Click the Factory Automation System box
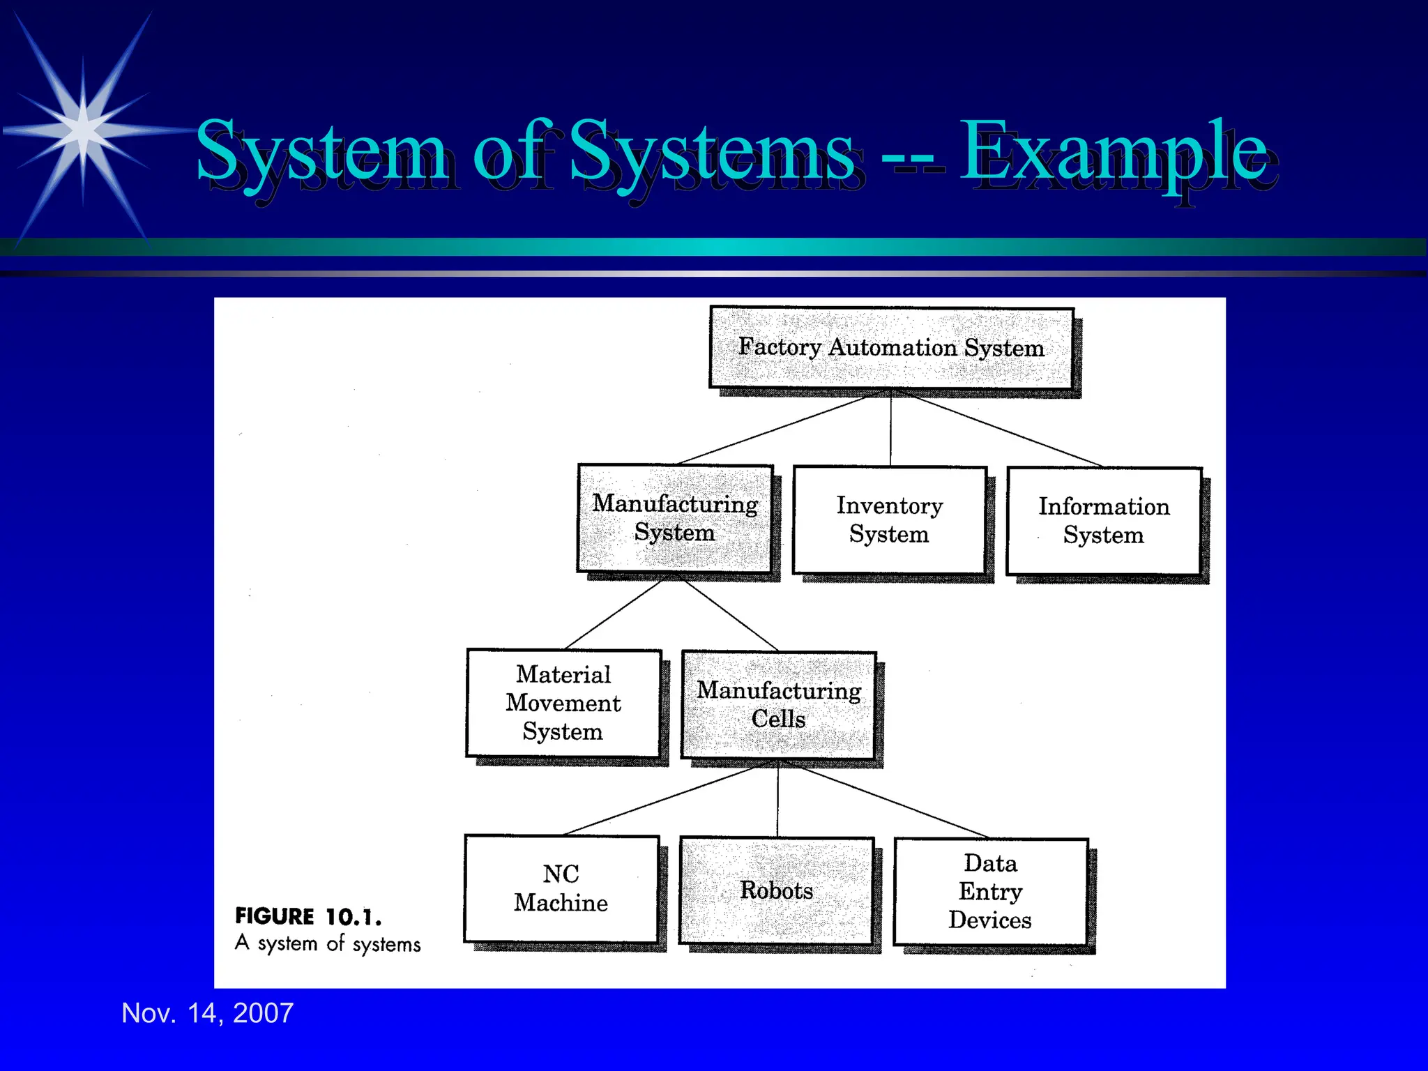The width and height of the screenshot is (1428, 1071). coord(891,347)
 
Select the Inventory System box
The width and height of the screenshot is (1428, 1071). coord(890,519)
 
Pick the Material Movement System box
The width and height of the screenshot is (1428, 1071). coord(563,703)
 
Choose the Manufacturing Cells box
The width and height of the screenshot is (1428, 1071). coord(778,704)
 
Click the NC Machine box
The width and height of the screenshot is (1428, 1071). coord(561,888)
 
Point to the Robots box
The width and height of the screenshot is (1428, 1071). coord(776,890)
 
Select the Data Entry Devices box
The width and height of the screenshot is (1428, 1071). coord(990,892)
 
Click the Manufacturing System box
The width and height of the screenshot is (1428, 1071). coord(675,518)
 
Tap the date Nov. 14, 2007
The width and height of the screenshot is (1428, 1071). coord(208,1012)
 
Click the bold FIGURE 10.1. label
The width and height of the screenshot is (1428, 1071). coord(308,916)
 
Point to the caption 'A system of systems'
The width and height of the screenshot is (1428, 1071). coord(328,943)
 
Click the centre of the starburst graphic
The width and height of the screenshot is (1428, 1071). coord(83,130)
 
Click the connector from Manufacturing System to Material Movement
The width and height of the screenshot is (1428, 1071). coord(614,615)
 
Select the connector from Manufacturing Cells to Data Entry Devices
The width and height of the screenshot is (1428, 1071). coord(892,802)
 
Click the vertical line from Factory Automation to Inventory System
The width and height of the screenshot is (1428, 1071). coord(890,429)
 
